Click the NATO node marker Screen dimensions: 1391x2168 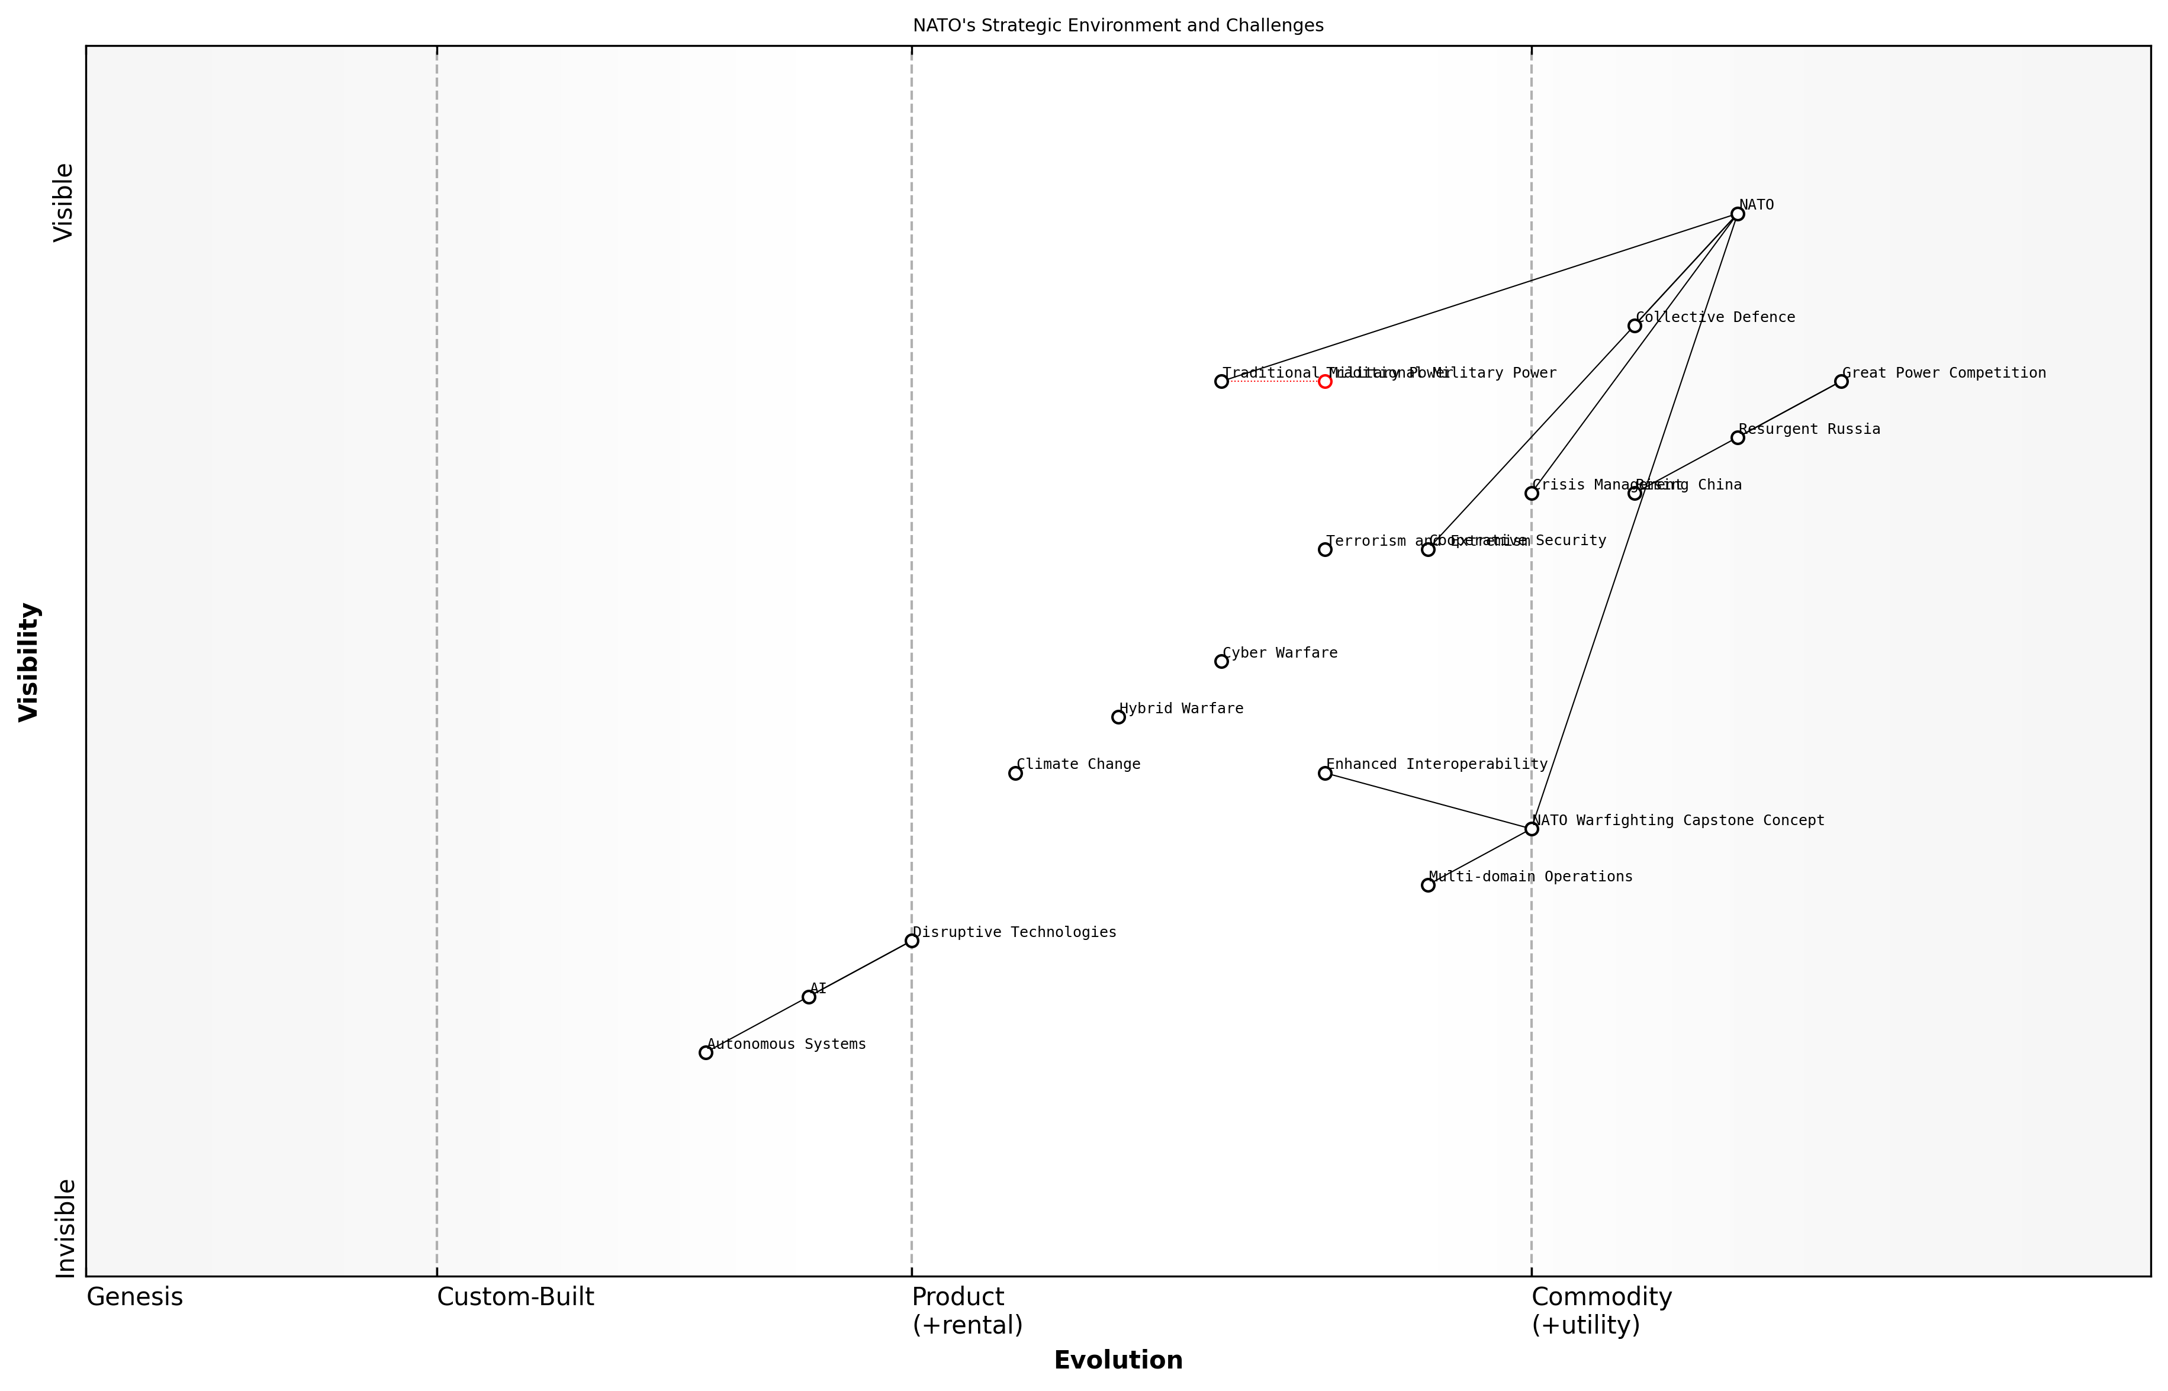tap(1737, 214)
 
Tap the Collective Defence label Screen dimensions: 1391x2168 tap(1715, 317)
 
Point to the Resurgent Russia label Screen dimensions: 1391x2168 tap(1809, 429)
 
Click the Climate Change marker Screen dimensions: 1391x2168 tap(1015, 773)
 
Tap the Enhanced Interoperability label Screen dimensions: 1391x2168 tap(1436, 764)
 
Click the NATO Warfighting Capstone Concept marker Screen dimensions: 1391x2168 tap(1531, 829)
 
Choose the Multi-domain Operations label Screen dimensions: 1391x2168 tap(1530, 876)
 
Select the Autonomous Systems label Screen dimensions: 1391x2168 tap(786, 1044)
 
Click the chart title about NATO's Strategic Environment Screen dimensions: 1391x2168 tap(1117, 25)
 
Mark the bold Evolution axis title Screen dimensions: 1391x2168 tap(1117, 1360)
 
